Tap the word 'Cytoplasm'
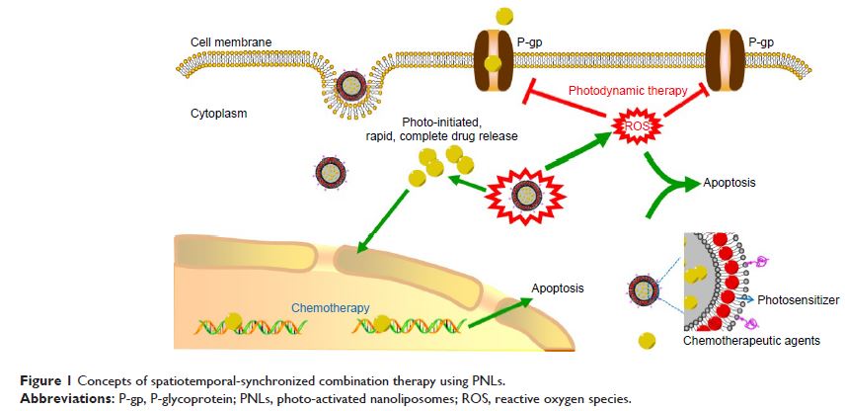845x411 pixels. pyautogui.click(x=218, y=114)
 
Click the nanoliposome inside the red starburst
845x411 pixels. pyautogui.click(x=520, y=194)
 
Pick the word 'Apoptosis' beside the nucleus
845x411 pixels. pyautogui.click(x=559, y=288)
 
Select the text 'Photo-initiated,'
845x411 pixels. pyautogui.click(x=439, y=121)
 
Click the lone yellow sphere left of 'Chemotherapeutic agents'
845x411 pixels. pyautogui.click(x=648, y=340)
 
